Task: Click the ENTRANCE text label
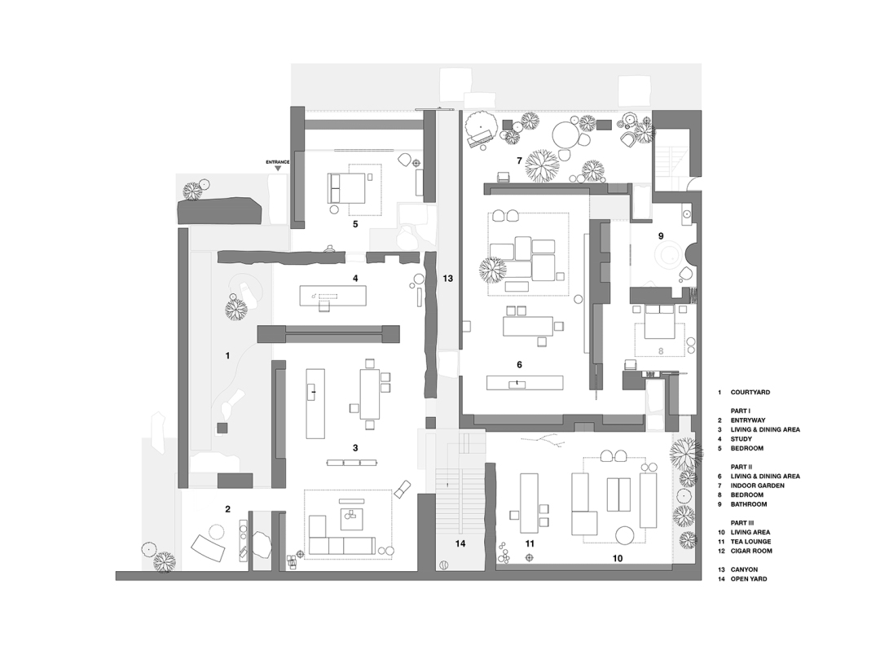(278, 162)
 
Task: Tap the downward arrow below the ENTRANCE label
(278, 169)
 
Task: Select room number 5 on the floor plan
(354, 222)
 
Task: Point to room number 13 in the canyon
(447, 279)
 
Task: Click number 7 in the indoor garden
(518, 160)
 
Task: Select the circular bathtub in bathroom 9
(670, 254)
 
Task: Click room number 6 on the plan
(518, 364)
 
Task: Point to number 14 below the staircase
(460, 543)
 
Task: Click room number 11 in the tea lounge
(529, 543)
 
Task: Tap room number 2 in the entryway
(227, 509)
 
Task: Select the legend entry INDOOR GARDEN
(759, 486)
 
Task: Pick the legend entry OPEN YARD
(753, 579)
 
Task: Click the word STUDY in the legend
(741, 438)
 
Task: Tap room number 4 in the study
(354, 278)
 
